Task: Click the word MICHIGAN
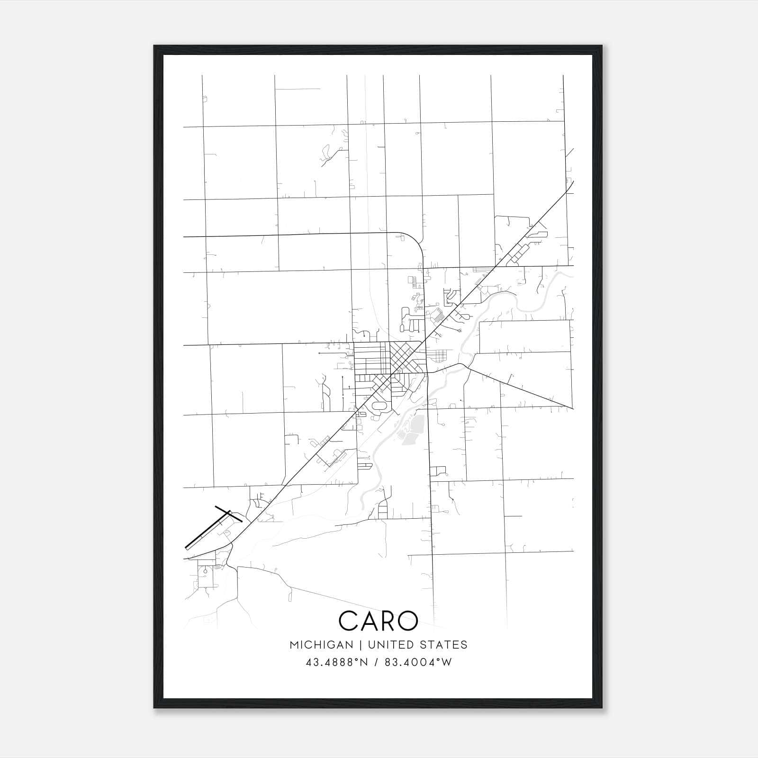click(321, 645)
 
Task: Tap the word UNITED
click(388, 645)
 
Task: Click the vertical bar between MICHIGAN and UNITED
click(360, 645)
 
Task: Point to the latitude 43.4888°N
click(336, 662)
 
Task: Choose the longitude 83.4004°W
click(418, 662)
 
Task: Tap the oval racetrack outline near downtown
click(380, 406)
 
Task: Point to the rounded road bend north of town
click(415, 241)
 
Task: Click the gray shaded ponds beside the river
click(411, 429)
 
